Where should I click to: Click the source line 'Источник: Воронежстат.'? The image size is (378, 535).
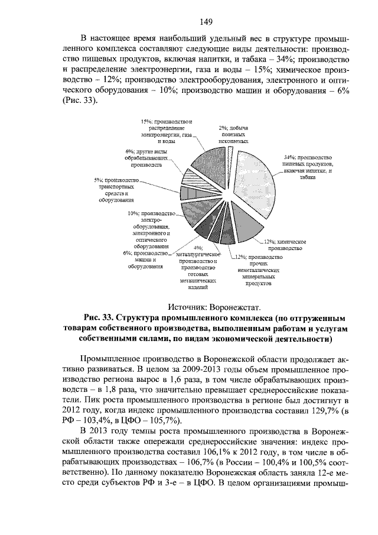[x=214, y=307]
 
